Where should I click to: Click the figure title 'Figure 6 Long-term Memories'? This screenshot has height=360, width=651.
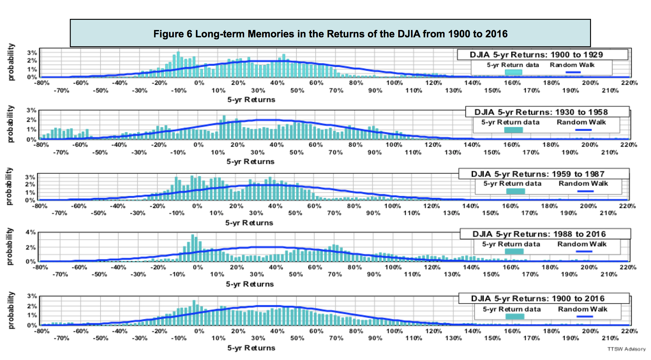330,34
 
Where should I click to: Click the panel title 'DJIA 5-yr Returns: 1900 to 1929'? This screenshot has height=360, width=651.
536,55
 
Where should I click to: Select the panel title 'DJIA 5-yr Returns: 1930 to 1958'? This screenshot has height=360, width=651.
541,112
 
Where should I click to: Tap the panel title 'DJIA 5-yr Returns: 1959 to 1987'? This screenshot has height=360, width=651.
538,174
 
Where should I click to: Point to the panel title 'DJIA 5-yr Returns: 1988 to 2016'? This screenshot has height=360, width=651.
539,234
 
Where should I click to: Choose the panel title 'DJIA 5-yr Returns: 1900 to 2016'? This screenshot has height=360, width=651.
538,298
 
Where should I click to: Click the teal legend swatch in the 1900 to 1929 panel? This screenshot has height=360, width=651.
513,72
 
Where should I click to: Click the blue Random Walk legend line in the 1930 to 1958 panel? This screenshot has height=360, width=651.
583,130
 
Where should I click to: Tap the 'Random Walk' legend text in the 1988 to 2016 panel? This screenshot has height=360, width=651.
582,244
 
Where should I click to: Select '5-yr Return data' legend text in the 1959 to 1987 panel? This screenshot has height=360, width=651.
512,184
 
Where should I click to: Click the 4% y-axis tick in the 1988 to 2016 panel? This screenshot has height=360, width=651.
31,232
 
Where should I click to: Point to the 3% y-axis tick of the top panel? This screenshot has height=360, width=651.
32,53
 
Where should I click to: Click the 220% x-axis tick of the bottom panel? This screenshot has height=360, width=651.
629,331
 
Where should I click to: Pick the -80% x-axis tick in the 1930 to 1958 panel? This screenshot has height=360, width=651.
41,145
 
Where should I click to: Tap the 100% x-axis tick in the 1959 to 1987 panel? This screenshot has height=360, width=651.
393,206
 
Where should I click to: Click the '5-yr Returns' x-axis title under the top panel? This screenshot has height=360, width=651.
251,100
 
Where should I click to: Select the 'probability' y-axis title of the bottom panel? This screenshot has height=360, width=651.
11,310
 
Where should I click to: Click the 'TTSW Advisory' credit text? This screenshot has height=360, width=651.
626,349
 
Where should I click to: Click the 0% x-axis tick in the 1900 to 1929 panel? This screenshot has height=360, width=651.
199,83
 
